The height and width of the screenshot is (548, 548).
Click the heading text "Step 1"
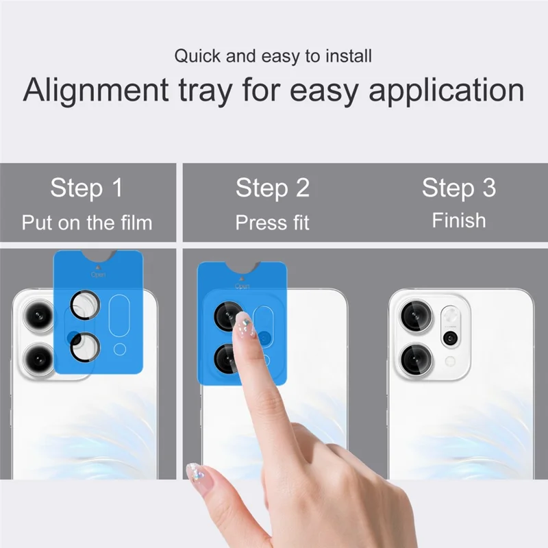(86, 188)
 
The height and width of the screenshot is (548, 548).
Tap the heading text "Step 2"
(273, 188)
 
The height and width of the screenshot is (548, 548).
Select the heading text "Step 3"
(458, 188)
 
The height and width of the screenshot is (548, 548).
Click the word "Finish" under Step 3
(458, 221)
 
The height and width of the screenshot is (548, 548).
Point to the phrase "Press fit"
(273, 223)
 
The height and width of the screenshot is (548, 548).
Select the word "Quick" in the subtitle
(197, 55)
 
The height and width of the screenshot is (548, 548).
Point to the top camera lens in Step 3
(415, 315)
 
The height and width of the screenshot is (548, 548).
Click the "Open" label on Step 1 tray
(98, 274)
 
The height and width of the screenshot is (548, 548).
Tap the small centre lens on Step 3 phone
(450, 337)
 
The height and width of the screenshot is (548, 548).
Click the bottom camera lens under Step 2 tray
(226, 358)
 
